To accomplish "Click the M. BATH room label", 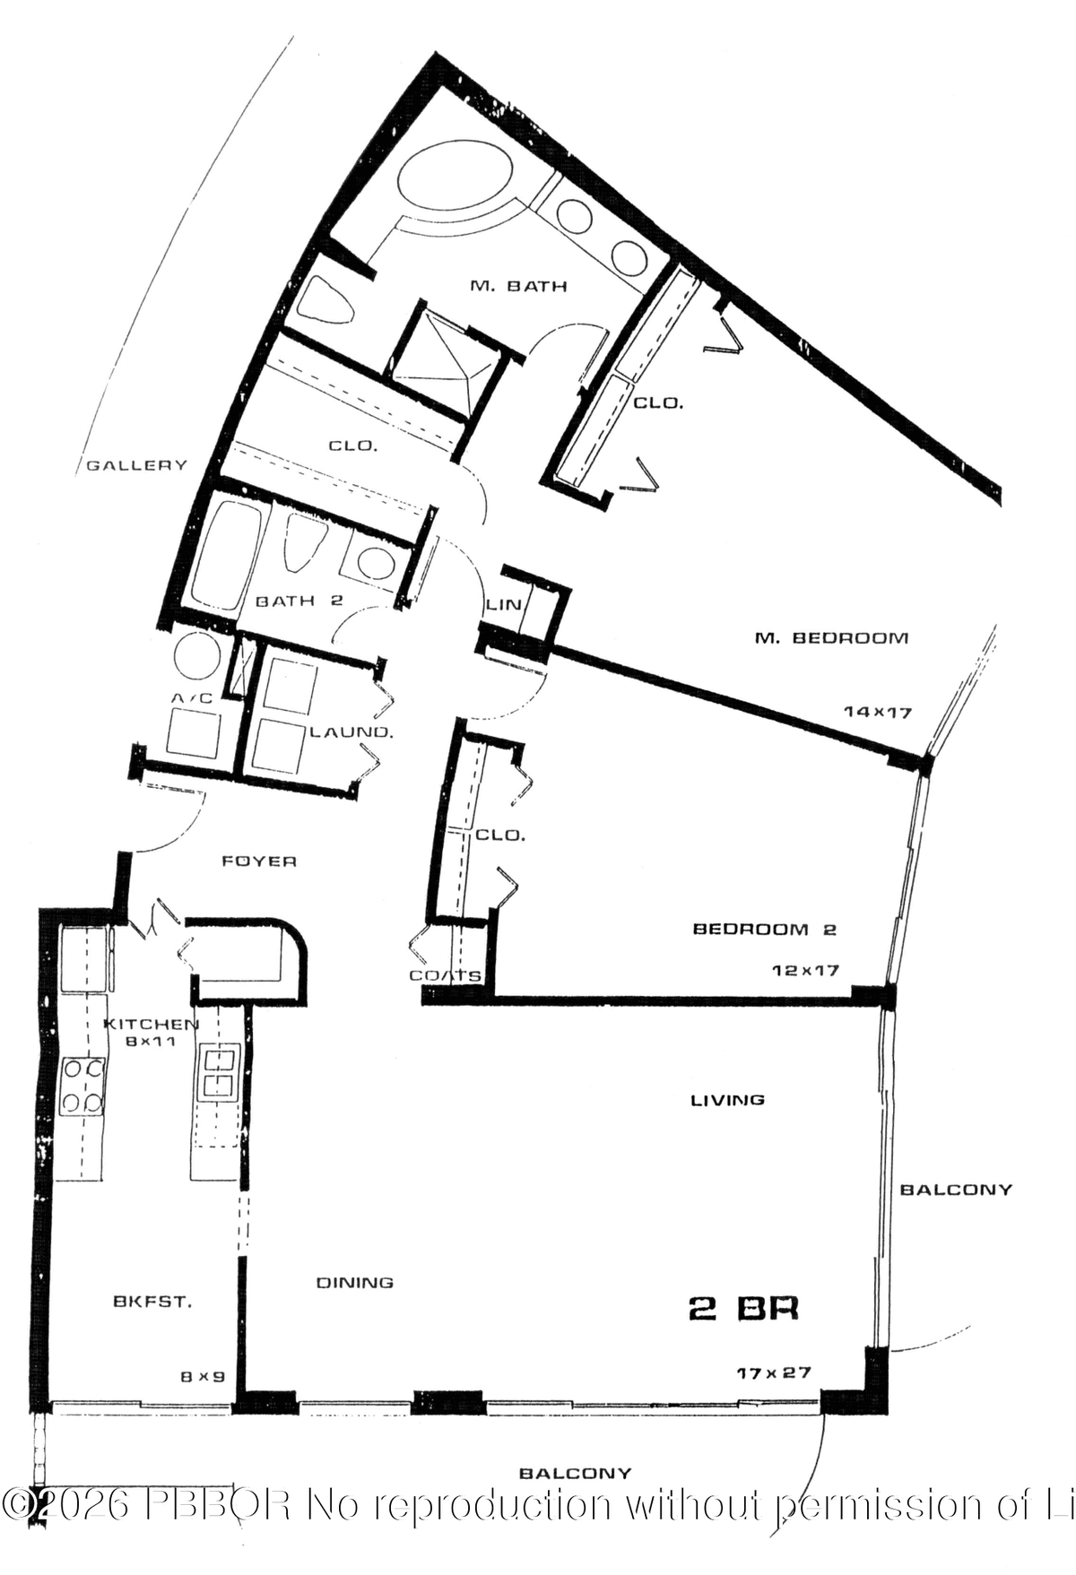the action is point(518,287).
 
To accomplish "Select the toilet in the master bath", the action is point(325,299).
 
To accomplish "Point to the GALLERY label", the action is point(137,465).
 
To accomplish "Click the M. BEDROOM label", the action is point(831,638).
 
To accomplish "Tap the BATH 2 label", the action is point(299,601).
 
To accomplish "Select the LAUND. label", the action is point(351,732).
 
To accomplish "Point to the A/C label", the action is point(191,697).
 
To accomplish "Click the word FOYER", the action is point(259,861).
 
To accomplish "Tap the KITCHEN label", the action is point(151,1025).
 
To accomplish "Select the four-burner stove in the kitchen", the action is point(82,1086).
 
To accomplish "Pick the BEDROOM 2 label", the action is point(764,930).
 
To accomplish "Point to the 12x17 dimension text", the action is point(805,970).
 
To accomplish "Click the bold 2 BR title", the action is point(742,1309).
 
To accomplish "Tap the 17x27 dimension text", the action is point(774,1372).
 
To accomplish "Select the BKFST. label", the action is point(152,1302).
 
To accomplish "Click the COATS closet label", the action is point(446,975).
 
